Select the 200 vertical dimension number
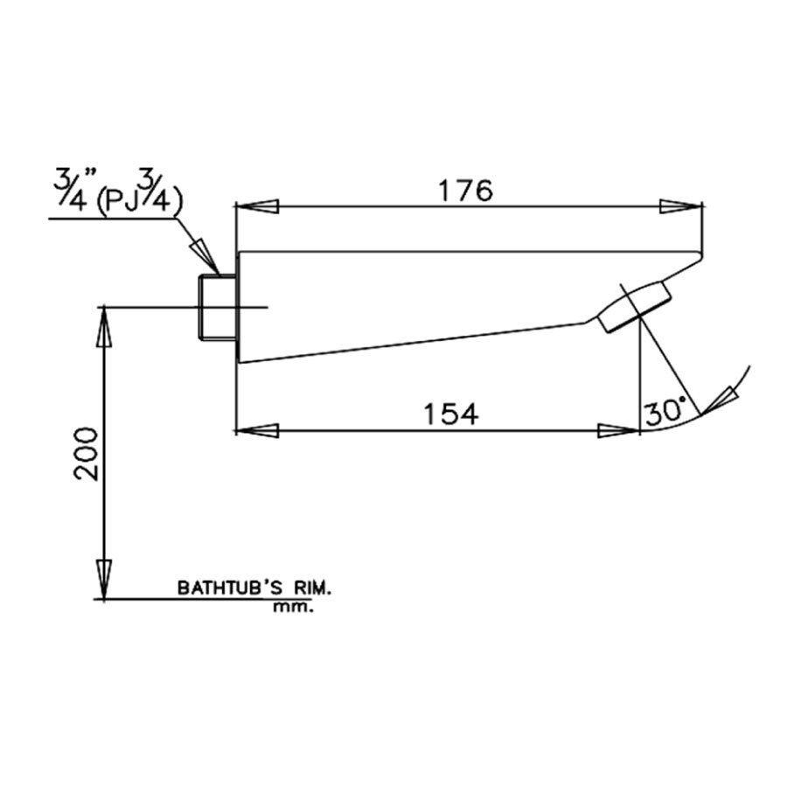85,453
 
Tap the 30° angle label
665,411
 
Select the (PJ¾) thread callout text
139,201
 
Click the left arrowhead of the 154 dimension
256,431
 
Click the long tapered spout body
420,297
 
